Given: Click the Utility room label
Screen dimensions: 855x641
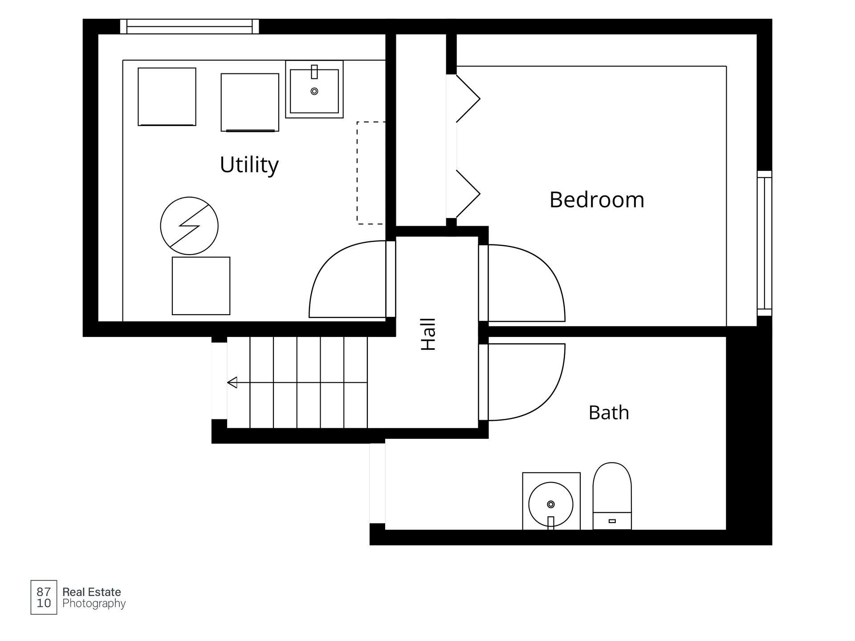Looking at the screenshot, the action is tap(249, 165).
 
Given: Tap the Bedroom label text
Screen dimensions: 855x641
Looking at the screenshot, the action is tap(597, 200).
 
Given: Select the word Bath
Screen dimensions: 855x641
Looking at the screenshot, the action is tap(609, 413).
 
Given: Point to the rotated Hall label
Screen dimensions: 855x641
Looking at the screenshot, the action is tap(428, 334).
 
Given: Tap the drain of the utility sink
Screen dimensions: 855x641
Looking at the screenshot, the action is tap(314, 91).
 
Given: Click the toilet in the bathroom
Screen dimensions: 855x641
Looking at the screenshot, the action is tap(612, 496).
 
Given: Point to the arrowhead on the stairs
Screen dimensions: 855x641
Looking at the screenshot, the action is tap(232, 382).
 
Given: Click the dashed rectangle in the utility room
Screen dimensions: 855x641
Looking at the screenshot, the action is tap(357, 173).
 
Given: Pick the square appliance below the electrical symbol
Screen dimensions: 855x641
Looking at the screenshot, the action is tap(201, 286).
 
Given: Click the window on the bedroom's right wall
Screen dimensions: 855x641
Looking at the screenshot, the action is tap(764, 243).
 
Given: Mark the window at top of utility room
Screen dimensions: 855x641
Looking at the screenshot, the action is tap(189, 26).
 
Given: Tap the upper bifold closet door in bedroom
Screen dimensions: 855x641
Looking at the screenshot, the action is tap(468, 98).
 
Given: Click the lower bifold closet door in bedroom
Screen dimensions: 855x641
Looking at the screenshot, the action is tap(468, 194).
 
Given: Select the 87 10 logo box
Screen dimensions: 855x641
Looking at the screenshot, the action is tap(44, 597).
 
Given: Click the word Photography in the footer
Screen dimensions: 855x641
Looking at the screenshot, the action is tap(94, 604).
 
